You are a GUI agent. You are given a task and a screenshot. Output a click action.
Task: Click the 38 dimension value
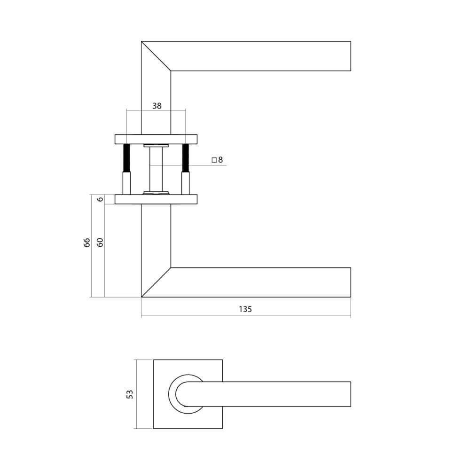(157, 106)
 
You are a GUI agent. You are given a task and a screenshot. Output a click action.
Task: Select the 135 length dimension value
(245, 309)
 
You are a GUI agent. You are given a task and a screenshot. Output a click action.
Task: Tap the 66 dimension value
(86, 243)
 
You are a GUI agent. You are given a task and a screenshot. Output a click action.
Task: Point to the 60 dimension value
(99, 243)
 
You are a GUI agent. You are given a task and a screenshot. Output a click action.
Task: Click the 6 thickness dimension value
(99, 199)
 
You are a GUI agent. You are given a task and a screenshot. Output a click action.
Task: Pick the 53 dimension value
(130, 394)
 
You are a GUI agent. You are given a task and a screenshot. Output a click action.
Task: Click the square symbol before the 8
(214, 160)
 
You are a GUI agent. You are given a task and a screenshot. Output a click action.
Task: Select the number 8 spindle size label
(220, 160)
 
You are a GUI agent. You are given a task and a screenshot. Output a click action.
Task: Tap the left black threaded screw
(126, 158)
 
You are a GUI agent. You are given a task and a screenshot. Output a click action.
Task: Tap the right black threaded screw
(186, 158)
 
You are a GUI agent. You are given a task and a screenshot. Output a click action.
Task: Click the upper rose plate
(156, 139)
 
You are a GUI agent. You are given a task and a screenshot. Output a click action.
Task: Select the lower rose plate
(156, 199)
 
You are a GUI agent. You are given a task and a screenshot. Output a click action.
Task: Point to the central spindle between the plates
(156, 169)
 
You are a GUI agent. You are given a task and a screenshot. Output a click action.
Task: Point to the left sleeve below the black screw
(126, 183)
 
